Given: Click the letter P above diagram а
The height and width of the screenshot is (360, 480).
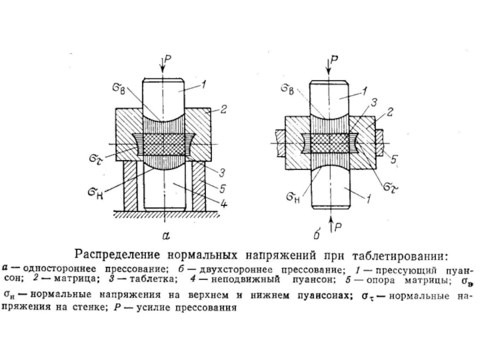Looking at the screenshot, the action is click(x=169, y=59).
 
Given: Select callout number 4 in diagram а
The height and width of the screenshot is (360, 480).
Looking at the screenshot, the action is click(x=223, y=205).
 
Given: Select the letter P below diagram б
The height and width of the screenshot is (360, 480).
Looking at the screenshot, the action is click(x=340, y=226).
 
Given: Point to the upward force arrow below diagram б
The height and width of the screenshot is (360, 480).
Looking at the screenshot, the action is click(x=330, y=221).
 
